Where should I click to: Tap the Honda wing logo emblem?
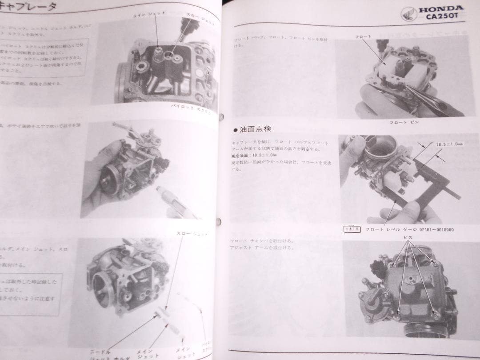click(408, 14)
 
